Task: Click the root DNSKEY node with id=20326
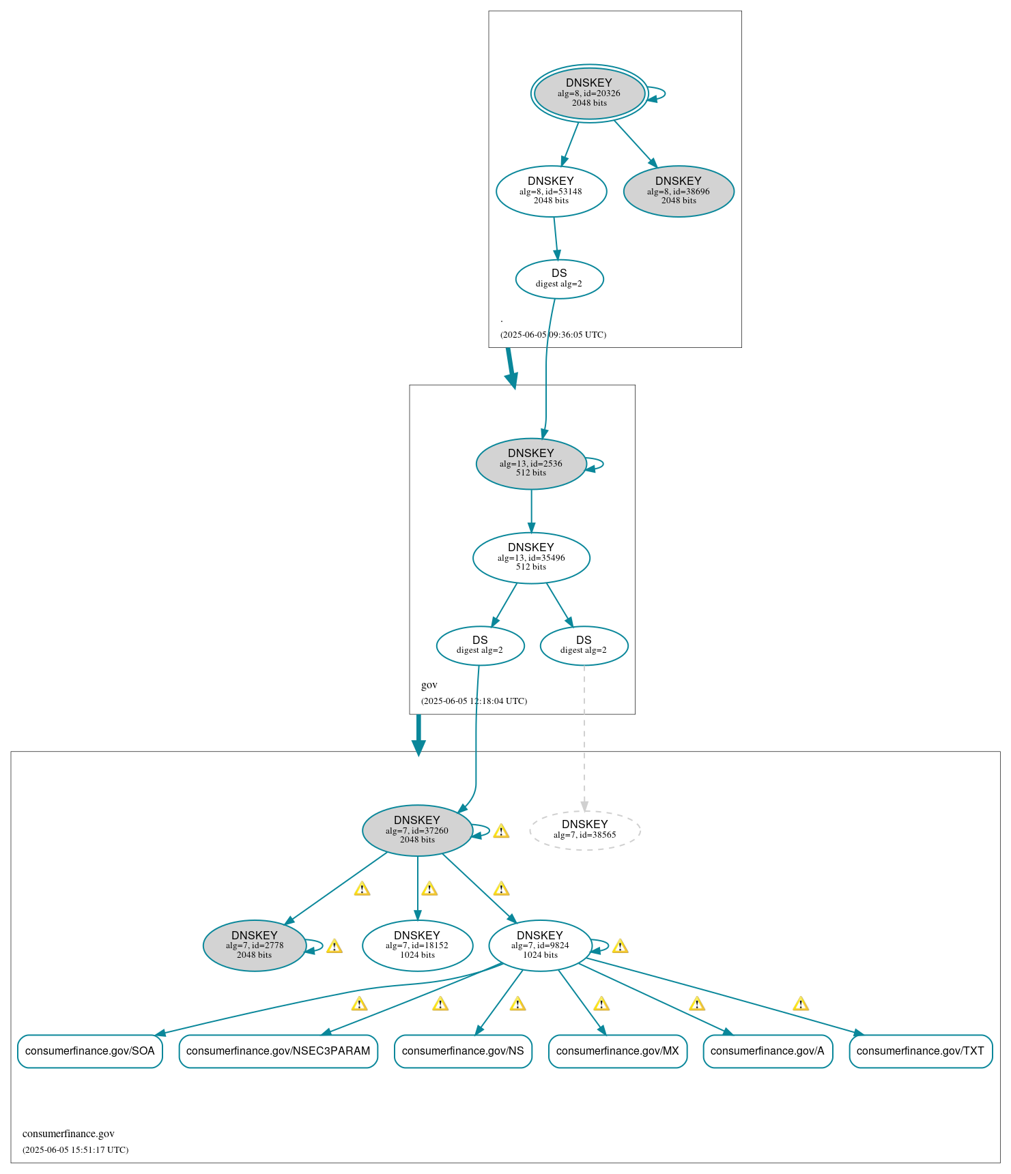coord(589,93)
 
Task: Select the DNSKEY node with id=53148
coord(551,192)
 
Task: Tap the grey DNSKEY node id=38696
coord(678,192)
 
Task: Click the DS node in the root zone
coord(559,279)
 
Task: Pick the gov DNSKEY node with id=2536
coord(530,464)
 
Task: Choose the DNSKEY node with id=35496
coord(530,558)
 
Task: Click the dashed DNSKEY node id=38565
coord(584,830)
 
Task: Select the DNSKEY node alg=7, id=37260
coord(417,830)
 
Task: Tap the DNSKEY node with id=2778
coord(254,945)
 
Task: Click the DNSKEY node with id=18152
coord(417,945)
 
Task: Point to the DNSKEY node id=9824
coord(539,945)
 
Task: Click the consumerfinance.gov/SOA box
coord(90,1051)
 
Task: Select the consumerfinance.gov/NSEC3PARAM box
coord(278,1051)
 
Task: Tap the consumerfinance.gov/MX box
coord(617,1051)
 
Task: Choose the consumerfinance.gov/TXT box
coord(920,1051)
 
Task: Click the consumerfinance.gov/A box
coord(767,1051)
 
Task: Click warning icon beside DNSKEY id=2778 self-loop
coord(334,946)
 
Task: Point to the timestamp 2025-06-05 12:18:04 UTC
coord(474,701)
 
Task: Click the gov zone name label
coord(429,685)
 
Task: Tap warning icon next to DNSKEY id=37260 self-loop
coord(501,831)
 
